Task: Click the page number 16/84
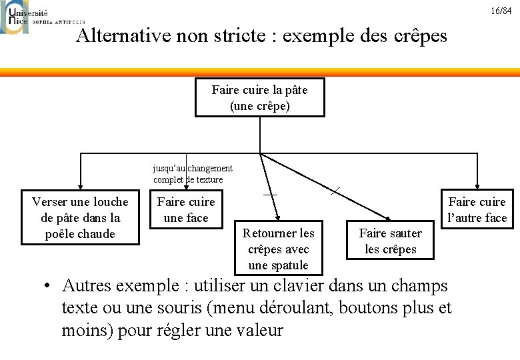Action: click(501, 11)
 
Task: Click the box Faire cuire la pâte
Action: click(259, 97)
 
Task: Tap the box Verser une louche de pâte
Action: click(80, 218)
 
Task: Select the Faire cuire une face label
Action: click(186, 210)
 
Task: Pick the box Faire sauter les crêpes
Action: click(390, 241)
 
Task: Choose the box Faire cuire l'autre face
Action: click(477, 210)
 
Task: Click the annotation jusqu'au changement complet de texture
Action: click(193, 174)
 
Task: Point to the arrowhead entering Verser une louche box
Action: click(80, 187)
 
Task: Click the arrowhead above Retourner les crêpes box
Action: click(281, 217)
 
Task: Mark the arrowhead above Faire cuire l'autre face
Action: click(477, 187)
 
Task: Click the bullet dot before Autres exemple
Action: click(47, 287)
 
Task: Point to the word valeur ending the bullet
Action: click(256, 330)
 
